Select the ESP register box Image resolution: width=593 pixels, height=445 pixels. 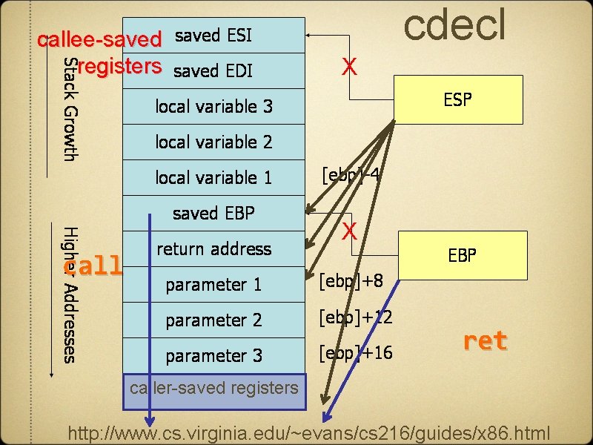[457, 99]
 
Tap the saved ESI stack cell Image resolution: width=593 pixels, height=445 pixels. [213, 36]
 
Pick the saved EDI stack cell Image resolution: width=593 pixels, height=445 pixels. [213, 71]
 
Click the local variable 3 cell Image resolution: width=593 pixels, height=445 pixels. [213, 107]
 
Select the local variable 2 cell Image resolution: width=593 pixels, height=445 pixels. [213, 142]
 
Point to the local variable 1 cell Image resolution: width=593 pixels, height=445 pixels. [213, 177]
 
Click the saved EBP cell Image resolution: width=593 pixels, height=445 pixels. [213, 214]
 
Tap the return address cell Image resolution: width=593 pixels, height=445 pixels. [213, 249]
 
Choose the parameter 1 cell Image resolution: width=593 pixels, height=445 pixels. [213, 285]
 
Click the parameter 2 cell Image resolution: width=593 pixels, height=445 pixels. [213, 320]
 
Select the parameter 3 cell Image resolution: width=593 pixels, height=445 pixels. [213, 356]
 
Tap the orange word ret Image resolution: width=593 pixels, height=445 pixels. [485, 341]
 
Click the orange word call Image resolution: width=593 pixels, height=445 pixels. [96, 266]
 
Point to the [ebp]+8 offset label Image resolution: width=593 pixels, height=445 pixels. [351, 282]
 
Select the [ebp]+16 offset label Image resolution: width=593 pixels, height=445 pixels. [355, 353]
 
